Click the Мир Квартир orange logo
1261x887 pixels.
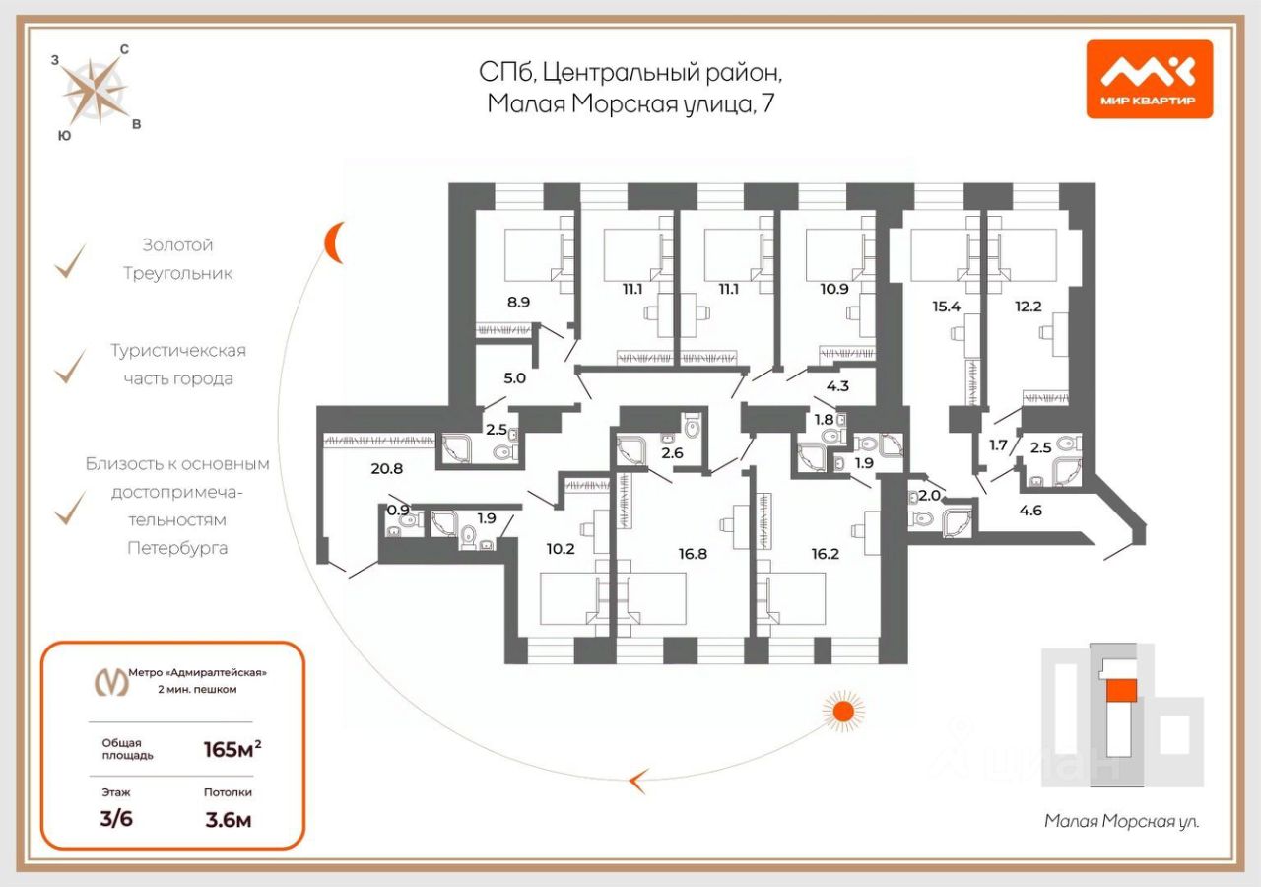(x=1149, y=79)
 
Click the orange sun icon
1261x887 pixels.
(x=842, y=710)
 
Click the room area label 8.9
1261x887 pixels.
(x=517, y=303)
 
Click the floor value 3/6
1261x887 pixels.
(x=116, y=819)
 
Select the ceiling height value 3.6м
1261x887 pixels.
(x=228, y=819)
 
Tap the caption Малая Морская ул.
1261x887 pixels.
(x=1121, y=820)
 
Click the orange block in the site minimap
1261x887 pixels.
(x=1120, y=690)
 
